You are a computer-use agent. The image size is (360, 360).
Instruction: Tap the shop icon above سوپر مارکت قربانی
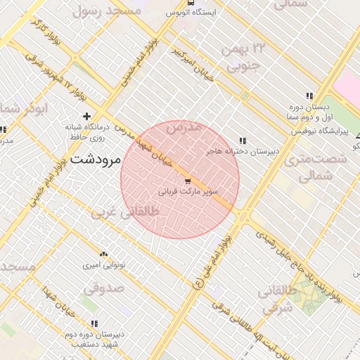(186, 181)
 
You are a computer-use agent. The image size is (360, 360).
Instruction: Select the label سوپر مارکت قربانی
(187, 191)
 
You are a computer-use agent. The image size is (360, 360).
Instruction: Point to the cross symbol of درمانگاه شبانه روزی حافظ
(86, 116)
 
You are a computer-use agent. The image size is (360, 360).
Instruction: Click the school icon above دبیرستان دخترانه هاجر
(243, 141)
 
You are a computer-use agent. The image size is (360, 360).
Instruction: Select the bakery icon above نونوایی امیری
(104, 254)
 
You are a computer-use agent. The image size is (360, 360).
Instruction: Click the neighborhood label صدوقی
(105, 288)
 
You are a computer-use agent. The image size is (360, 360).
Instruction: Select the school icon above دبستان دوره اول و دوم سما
(309, 96)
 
